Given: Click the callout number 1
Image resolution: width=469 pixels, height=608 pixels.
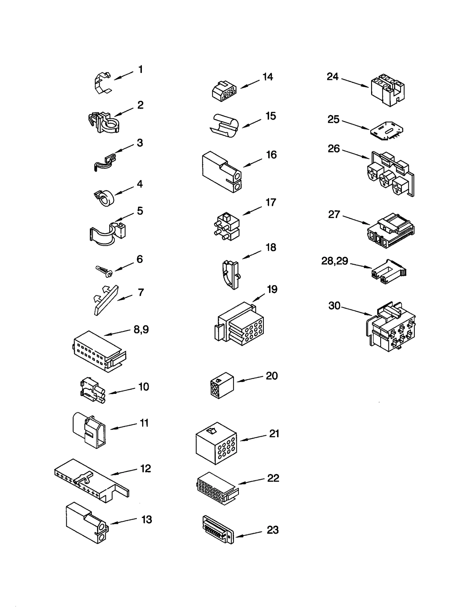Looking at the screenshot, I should [140, 70].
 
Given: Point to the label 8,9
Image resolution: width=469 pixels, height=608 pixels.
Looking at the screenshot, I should [141, 329].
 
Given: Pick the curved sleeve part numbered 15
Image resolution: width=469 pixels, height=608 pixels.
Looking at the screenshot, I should [225, 126].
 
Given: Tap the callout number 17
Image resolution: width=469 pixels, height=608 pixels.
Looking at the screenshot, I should [271, 202].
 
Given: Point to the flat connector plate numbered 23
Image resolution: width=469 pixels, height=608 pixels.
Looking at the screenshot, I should [218, 529].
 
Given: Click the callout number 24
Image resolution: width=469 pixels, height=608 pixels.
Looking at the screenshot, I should [332, 77].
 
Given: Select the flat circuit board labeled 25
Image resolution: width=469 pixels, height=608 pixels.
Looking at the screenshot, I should [386, 131].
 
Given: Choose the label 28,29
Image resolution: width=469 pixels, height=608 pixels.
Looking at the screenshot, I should [334, 260].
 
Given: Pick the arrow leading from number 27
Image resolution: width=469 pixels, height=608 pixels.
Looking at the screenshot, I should [356, 220].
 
